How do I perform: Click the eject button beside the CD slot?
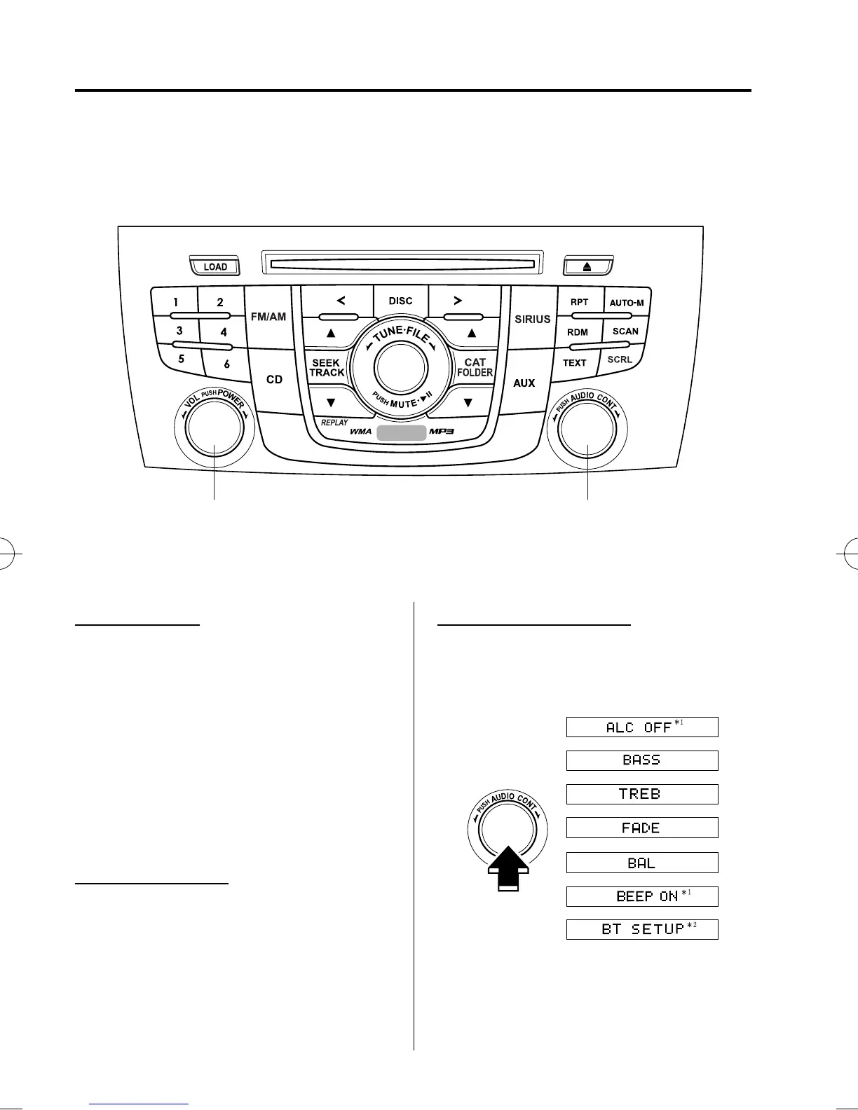(x=588, y=266)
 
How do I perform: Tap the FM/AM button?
(x=268, y=317)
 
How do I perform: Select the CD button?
(x=274, y=379)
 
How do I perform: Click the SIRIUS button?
(x=533, y=319)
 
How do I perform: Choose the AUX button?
(x=524, y=383)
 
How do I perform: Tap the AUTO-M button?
(x=626, y=303)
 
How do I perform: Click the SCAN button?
(x=625, y=331)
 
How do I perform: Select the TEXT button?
(x=574, y=363)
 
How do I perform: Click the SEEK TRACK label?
(x=327, y=368)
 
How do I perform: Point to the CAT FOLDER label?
(x=475, y=368)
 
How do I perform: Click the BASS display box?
(x=642, y=760)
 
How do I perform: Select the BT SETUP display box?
(x=642, y=929)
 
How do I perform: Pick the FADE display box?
(x=642, y=828)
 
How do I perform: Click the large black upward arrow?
(x=508, y=868)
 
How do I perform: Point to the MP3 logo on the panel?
(x=442, y=431)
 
